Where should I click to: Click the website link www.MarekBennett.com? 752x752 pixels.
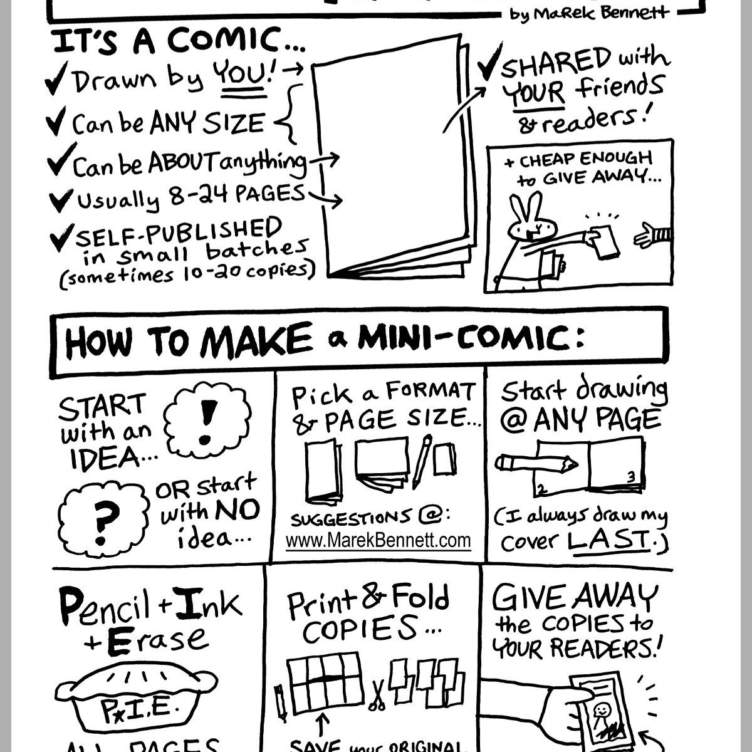coord(378,540)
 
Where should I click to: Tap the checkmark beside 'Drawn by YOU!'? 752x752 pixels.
coord(56,82)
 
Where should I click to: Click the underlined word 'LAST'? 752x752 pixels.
coord(609,540)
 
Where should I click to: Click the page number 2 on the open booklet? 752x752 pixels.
coord(543,488)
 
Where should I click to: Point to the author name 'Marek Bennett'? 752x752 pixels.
coord(589,13)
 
